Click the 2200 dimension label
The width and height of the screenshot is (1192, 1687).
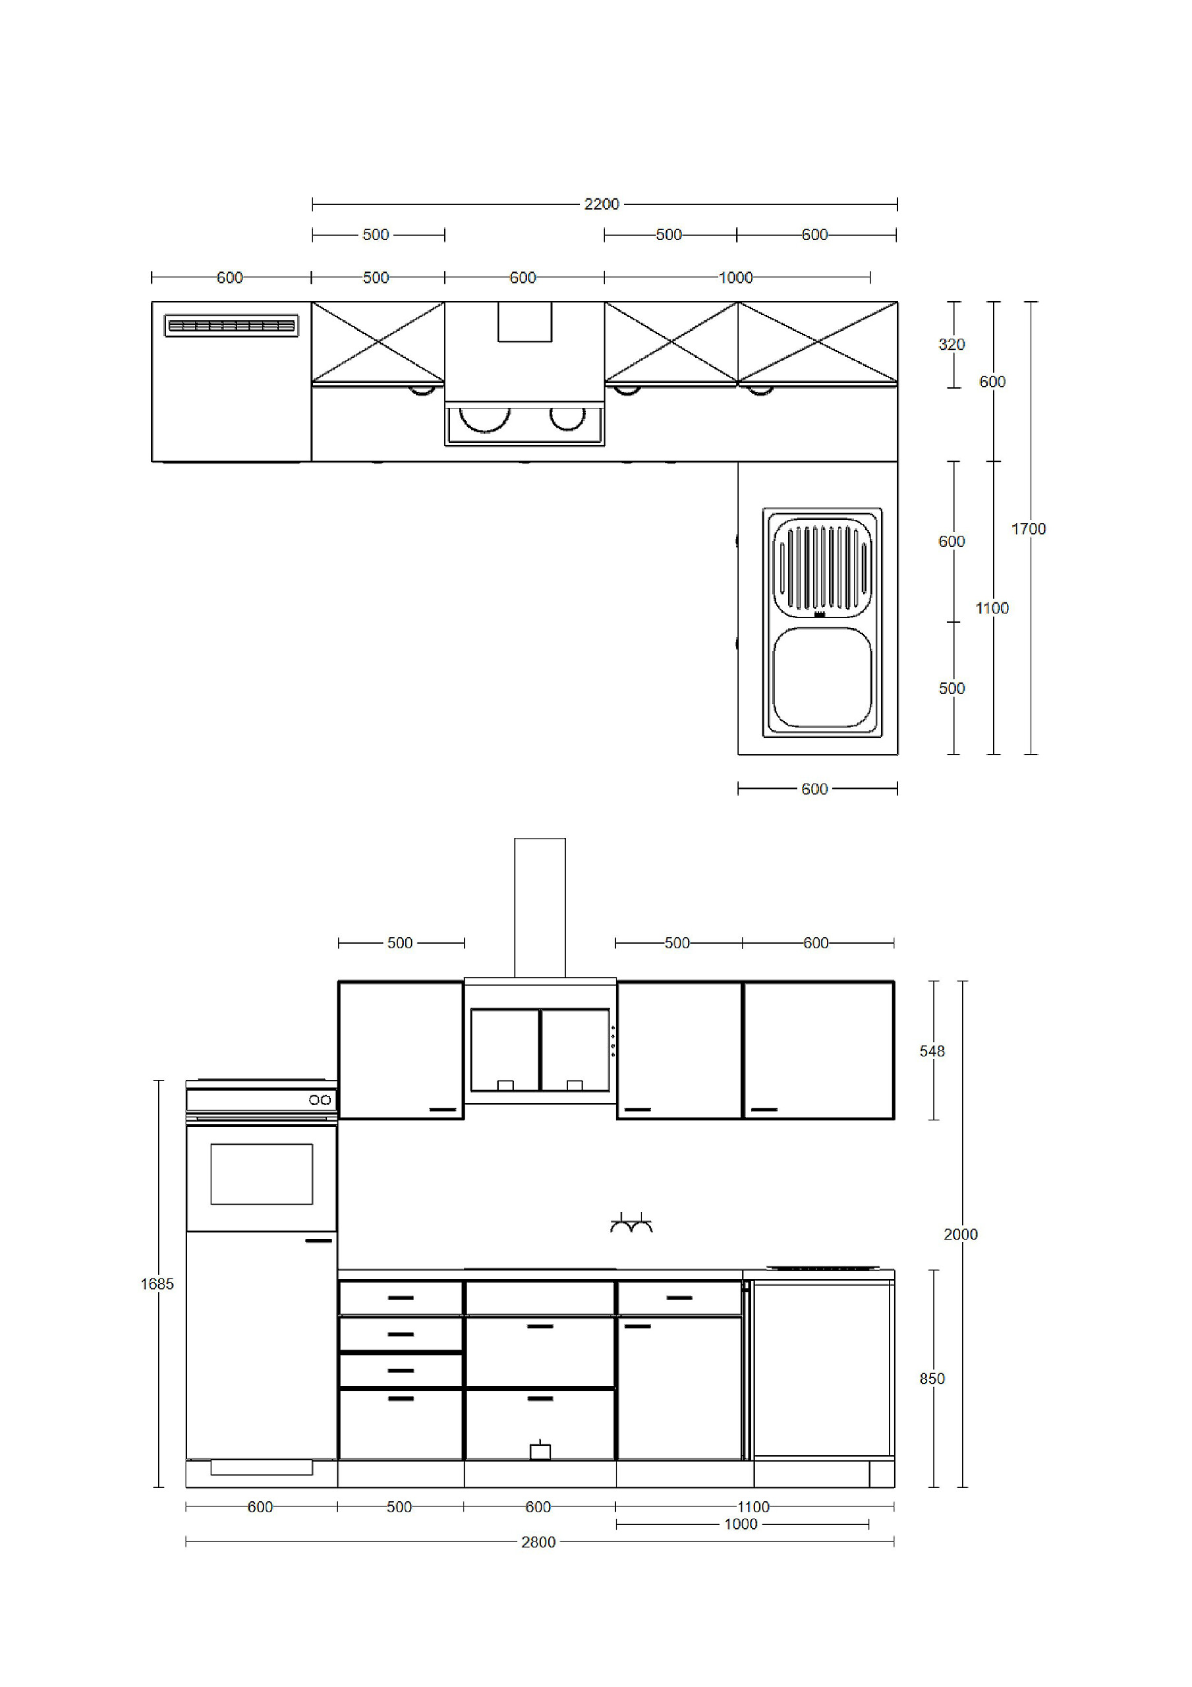pyautogui.click(x=601, y=204)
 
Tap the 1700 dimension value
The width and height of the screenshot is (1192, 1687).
pyautogui.click(x=1028, y=529)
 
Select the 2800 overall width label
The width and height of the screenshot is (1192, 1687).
pyautogui.click(x=538, y=1542)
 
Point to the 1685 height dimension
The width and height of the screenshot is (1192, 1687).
pyautogui.click(x=157, y=1284)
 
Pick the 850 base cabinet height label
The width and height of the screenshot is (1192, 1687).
pyautogui.click(x=932, y=1379)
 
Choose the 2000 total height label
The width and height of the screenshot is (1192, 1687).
pyautogui.click(x=961, y=1234)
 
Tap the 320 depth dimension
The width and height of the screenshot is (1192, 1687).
pyautogui.click(x=951, y=345)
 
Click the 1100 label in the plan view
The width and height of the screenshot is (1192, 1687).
pyautogui.click(x=992, y=608)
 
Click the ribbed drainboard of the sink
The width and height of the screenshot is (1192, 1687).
pyautogui.click(x=822, y=567)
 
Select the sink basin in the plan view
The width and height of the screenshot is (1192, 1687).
pyautogui.click(x=822, y=677)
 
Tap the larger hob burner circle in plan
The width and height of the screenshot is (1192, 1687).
pyautogui.click(x=484, y=420)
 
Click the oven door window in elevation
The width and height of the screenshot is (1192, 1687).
pyautogui.click(x=262, y=1174)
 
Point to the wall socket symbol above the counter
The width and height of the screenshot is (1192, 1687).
pyautogui.click(x=631, y=1223)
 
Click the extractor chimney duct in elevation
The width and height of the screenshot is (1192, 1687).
pyautogui.click(x=540, y=908)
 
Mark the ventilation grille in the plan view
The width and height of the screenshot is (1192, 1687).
pyautogui.click(x=231, y=326)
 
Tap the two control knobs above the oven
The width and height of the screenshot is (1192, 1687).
pyautogui.click(x=320, y=1100)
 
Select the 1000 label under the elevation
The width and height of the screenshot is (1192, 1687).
pyautogui.click(x=740, y=1525)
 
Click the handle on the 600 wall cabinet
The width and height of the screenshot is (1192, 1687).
pyautogui.click(x=764, y=1110)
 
